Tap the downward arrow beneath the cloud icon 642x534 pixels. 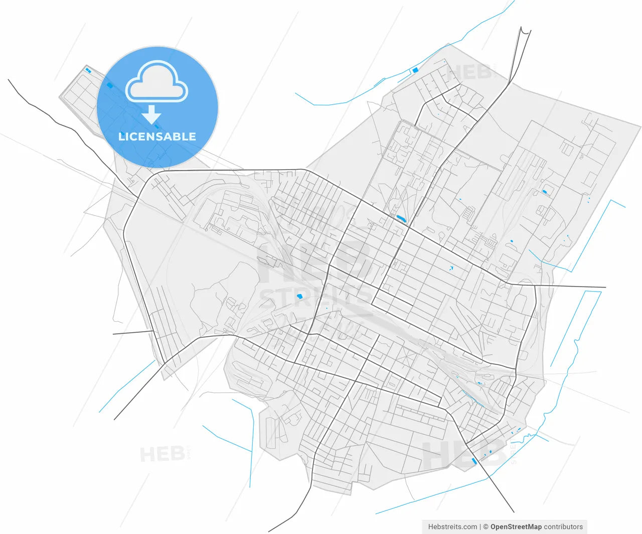151,115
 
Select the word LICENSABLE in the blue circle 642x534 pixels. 157,137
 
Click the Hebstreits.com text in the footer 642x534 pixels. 452,526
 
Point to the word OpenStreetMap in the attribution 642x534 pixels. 516,526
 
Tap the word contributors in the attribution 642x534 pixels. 563,526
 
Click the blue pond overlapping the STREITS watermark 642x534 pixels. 300,297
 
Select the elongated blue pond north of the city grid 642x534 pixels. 401,218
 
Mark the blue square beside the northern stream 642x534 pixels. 415,70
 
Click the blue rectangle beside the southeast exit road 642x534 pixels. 474,461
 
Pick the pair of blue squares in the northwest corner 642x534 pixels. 88,70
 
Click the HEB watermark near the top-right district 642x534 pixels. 469,72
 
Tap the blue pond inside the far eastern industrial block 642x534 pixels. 544,191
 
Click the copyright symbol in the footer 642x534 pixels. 485,526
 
